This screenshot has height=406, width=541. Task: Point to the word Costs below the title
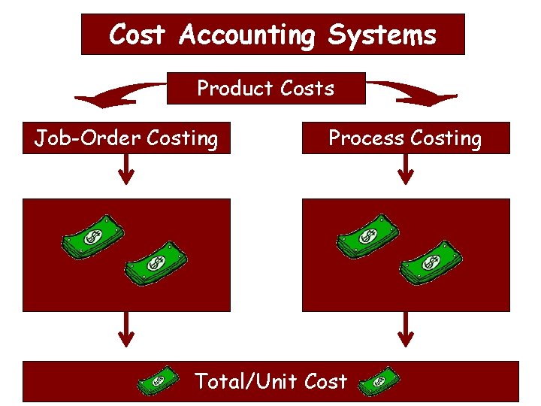pyautogui.click(x=307, y=89)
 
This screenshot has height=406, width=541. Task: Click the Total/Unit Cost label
pyautogui.click(x=270, y=381)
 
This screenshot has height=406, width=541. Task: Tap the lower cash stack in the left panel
pyautogui.click(x=156, y=263)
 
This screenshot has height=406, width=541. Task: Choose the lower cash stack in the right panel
pyautogui.click(x=431, y=262)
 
